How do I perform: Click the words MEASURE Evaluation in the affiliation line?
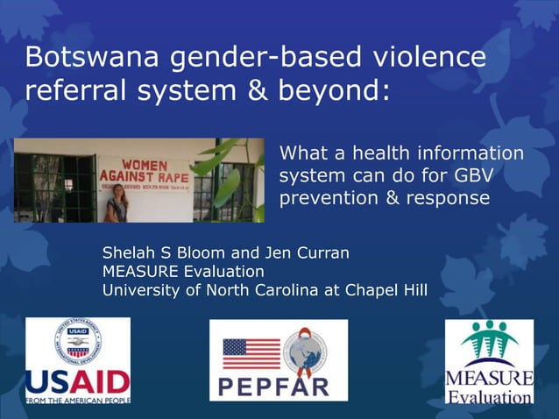pos(183,272)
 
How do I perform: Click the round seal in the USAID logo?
pos(78,344)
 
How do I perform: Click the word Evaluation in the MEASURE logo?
pos(490,396)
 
